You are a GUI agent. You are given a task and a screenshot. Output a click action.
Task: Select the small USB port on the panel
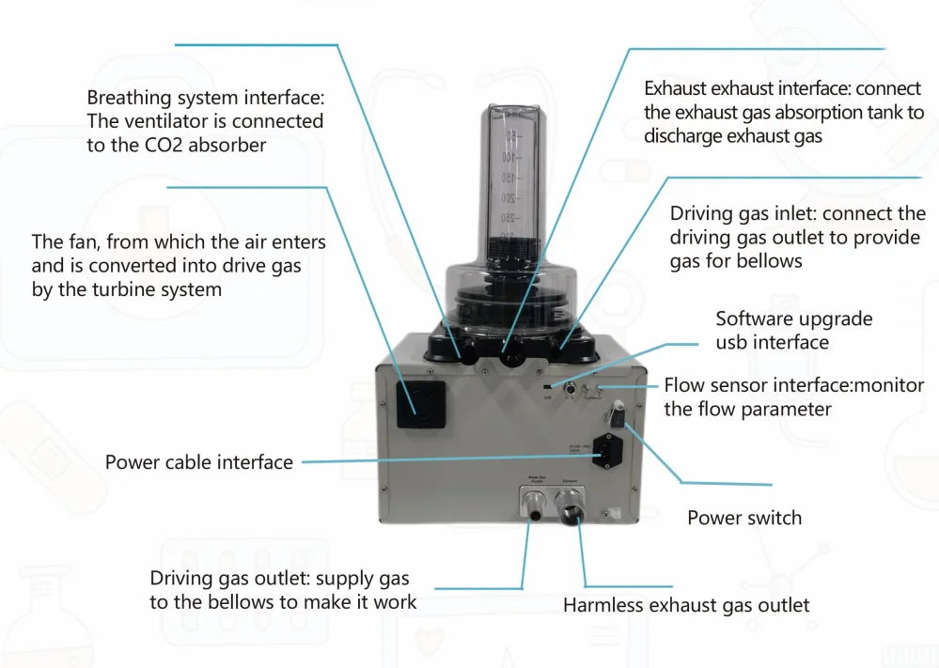tap(548, 385)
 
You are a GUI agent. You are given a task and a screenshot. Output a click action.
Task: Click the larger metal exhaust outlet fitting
tap(571, 513)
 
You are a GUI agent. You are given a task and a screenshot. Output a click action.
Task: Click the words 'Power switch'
tap(744, 518)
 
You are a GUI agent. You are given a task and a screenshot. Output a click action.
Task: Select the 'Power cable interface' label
tap(199, 462)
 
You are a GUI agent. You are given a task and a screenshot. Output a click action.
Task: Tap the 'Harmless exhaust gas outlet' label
tap(686, 606)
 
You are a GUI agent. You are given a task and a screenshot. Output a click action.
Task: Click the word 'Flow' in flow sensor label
tap(684, 385)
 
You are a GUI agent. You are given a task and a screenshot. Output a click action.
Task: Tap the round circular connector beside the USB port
tap(570, 386)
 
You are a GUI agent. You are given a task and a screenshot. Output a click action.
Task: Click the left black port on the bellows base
tap(462, 352)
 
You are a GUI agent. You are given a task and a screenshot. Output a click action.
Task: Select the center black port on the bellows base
tap(513, 356)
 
